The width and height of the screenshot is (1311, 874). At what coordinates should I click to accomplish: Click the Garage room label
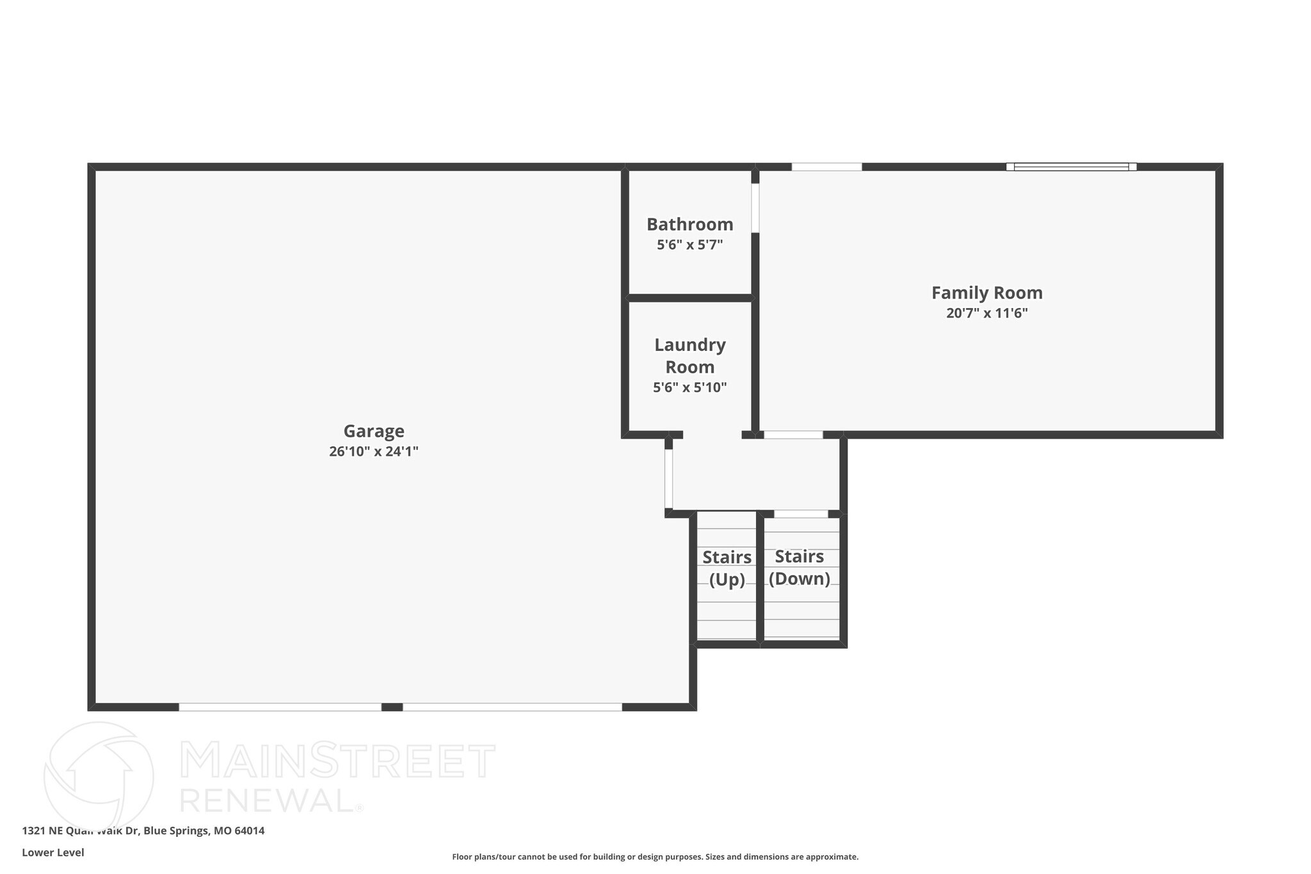374,431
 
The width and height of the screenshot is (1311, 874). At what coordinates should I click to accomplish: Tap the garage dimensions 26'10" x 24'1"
374,451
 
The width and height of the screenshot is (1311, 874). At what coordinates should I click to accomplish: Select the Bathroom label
689,225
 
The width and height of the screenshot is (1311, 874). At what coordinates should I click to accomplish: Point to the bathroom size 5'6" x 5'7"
689,245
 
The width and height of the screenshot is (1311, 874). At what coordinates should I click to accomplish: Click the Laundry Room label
689,356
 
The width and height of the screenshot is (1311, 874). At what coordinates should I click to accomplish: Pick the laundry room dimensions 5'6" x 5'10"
689,387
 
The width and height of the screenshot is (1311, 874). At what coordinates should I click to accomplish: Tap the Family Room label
986,293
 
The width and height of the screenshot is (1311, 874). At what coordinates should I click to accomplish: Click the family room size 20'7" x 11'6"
986,313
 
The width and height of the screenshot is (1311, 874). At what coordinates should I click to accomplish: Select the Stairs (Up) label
727,568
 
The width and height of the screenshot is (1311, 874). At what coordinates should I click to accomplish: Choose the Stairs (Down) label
800,567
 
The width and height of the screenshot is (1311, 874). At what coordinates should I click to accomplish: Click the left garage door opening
280,707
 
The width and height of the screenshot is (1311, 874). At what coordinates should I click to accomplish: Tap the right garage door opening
512,707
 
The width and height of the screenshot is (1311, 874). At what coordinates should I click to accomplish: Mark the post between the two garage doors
392,707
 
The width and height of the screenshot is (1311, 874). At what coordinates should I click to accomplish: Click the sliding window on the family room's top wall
1071,167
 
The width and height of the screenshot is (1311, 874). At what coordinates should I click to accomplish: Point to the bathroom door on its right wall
755,208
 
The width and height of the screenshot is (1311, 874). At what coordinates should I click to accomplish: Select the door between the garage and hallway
668,478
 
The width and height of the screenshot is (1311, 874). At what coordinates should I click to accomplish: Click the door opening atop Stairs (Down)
801,514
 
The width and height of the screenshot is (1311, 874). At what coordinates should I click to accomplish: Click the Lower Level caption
53,853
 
